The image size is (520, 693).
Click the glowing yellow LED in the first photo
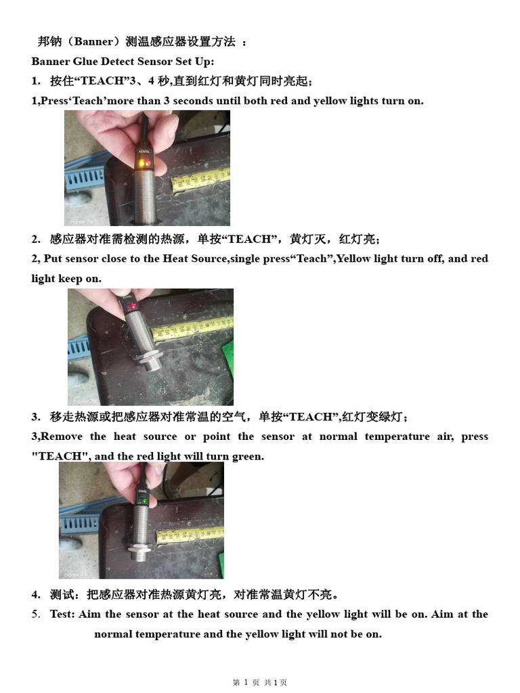click(140, 164)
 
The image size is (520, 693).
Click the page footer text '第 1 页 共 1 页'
click(260, 683)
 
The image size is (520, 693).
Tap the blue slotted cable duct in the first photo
click(84, 179)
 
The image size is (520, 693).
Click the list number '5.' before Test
click(36, 614)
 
